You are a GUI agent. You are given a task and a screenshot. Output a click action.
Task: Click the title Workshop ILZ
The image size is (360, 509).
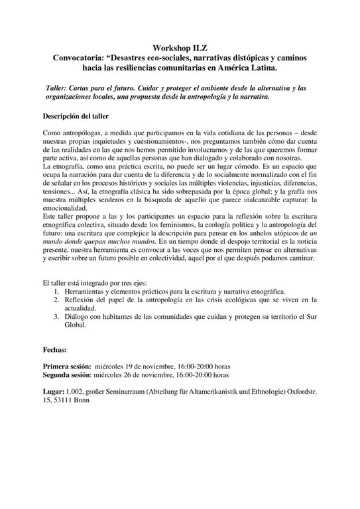[x=180, y=48]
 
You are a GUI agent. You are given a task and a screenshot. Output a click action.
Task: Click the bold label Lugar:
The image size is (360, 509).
[x=56, y=392]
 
